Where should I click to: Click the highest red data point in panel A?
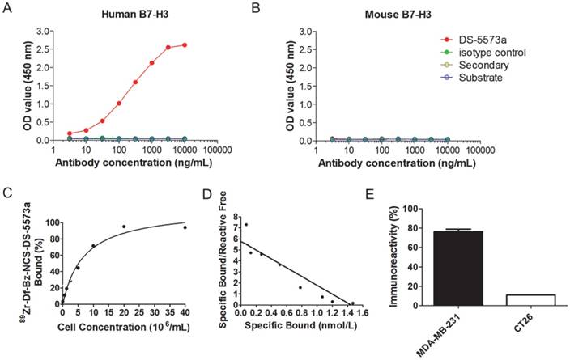click(x=186, y=45)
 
